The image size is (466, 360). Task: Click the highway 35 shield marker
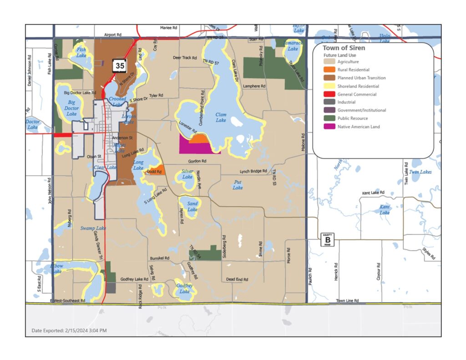tap(120, 66)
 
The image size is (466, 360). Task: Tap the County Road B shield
tap(326, 239)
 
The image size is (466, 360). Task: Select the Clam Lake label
tap(221, 117)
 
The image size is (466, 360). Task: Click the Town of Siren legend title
tap(344, 48)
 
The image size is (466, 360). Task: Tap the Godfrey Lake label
tap(184, 288)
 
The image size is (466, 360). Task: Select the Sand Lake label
tap(192, 207)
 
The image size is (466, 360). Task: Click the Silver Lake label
tap(187, 174)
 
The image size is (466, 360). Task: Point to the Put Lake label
tap(238, 185)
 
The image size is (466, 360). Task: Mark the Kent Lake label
tap(385, 210)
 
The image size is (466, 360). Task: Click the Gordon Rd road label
tap(198, 161)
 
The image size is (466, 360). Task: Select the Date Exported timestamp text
tap(69, 330)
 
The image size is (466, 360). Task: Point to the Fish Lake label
tap(81, 52)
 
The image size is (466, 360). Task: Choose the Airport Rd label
tap(113, 35)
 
